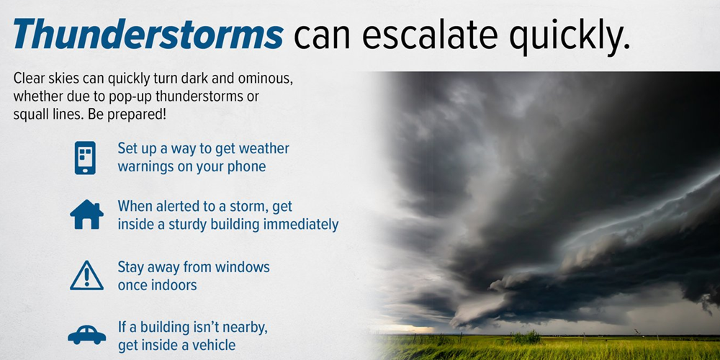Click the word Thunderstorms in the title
(x=148, y=34)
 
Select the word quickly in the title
(x=570, y=37)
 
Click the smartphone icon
(x=85, y=158)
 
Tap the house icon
(x=87, y=215)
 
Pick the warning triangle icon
(x=87, y=276)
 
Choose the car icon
(x=87, y=335)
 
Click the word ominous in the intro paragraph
(x=265, y=78)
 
